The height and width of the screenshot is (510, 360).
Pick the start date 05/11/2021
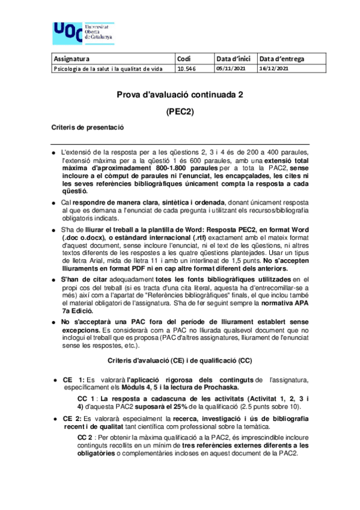tap(231, 69)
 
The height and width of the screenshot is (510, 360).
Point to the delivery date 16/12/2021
tap(274, 69)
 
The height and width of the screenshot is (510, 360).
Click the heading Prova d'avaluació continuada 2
tap(180, 94)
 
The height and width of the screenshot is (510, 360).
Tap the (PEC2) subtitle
tap(180, 111)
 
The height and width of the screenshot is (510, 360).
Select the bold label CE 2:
tap(73, 417)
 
